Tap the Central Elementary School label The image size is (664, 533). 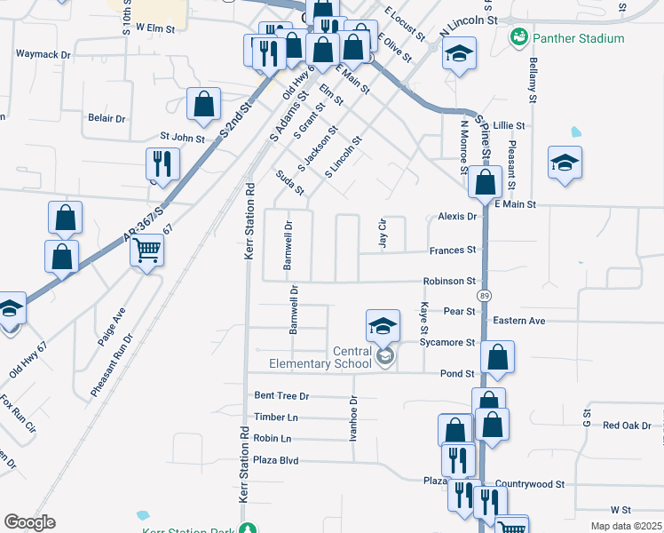point(352,357)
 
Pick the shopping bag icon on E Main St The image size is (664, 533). point(485,183)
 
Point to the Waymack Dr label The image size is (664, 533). point(43,54)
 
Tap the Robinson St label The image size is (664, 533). point(450,281)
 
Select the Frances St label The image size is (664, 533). point(453,251)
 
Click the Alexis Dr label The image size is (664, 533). point(458,216)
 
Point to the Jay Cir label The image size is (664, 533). point(383,234)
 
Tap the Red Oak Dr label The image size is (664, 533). point(627,426)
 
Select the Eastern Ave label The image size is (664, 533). point(519,321)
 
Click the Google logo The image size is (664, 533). point(29,522)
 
